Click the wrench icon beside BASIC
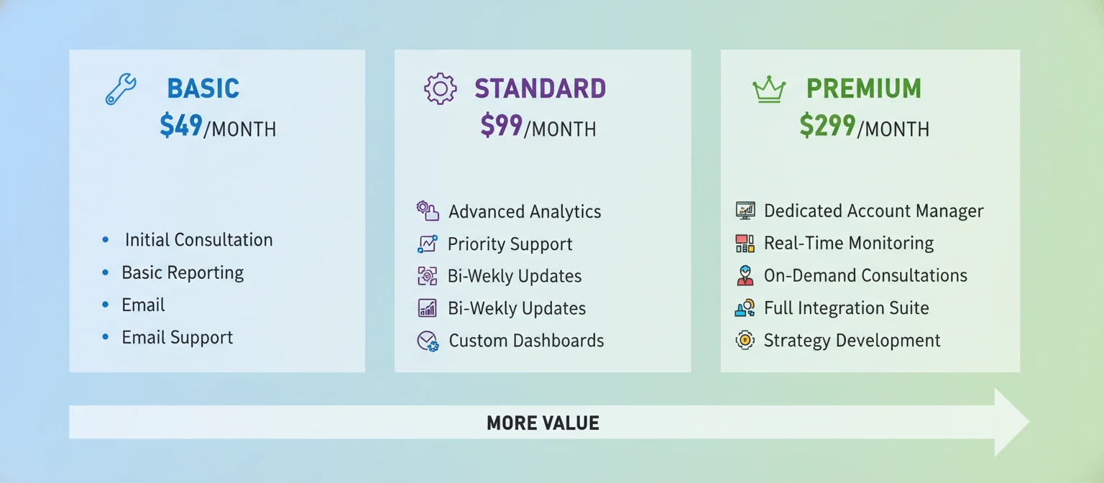click(x=120, y=89)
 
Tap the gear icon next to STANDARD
click(x=440, y=88)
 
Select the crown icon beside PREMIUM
click(x=768, y=89)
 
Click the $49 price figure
click(x=180, y=126)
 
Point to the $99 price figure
click(x=501, y=126)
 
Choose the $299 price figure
click(x=827, y=126)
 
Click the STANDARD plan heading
click(x=540, y=88)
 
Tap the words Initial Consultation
click(x=198, y=240)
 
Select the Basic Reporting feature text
click(x=183, y=273)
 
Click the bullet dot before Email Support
click(x=106, y=337)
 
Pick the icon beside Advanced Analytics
click(x=427, y=211)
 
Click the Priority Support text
click(x=510, y=244)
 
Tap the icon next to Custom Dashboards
click(x=428, y=341)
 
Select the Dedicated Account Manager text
click(x=873, y=211)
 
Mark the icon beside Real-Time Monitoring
click(x=745, y=244)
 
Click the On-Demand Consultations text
click(x=865, y=276)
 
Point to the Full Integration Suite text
click(x=846, y=308)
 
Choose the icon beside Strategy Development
click(x=745, y=340)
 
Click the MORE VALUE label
click(x=543, y=423)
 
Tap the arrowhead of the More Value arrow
click(x=1010, y=422)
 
